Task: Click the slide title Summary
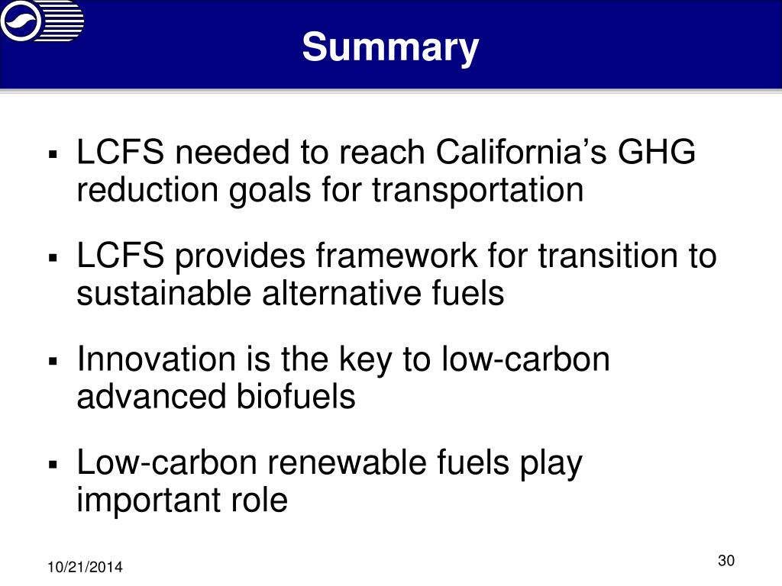390,47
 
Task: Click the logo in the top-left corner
42,21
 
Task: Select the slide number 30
725,561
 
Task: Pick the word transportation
478,190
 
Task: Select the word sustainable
150,294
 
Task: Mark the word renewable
341,462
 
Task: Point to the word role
260,501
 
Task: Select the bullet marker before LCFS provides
53,258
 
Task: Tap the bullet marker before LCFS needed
53,154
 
